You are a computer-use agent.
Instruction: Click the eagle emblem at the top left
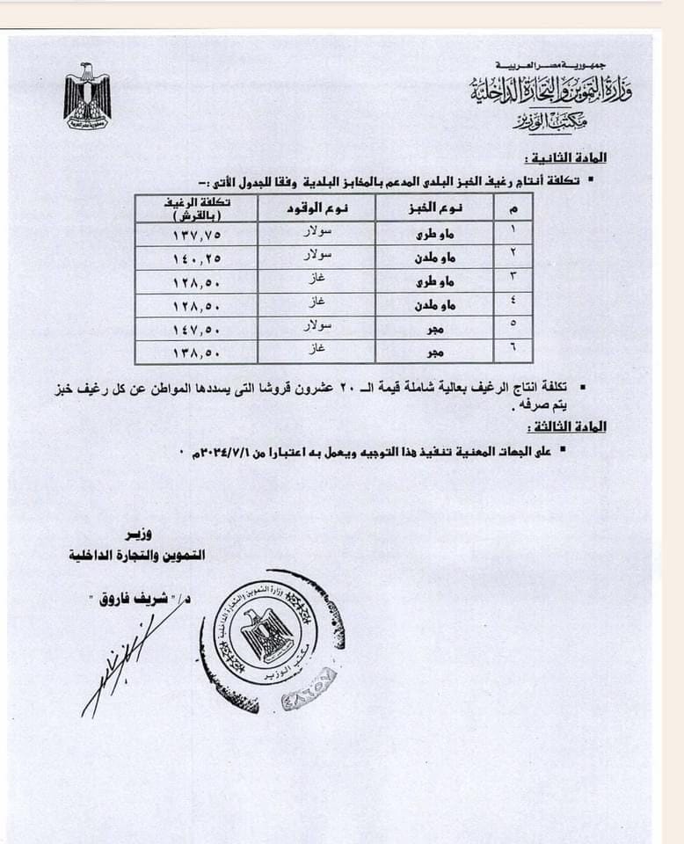click(x=87, y=96)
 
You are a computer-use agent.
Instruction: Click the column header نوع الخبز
click(x=438, y=207)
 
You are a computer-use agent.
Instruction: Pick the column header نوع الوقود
click(x=317, y=207)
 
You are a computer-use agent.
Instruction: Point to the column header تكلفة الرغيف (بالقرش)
click(x=196, y=208)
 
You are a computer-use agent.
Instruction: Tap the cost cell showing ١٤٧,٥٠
click(x=195, y=328)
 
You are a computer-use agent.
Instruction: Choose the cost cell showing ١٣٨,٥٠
click(x=195, y=352)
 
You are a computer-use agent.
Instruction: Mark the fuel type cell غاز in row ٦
click(x=317, y=351)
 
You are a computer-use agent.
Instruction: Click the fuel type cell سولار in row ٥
click(x=317, y=327)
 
